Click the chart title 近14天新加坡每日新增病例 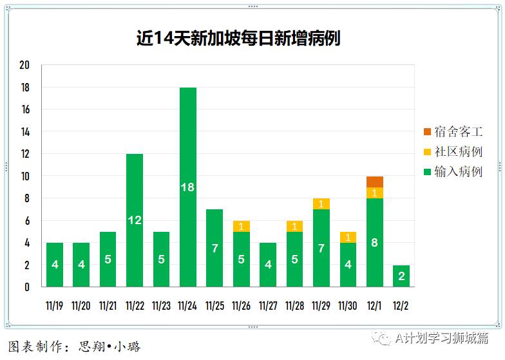[x=238, y=39]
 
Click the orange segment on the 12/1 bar [x=375, y=182]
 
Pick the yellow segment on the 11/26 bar [x=242, y=226]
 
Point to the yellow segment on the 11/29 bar [x=321, y=204]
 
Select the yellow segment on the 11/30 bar [x=348, y=237]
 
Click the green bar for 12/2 [x=401, y=276]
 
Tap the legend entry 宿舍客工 [x=453, y=132]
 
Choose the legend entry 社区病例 [x=453, y=152]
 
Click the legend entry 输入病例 [x=453, y=171]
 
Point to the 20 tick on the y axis [x=25, y=66]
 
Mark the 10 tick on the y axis [x=25, y=176]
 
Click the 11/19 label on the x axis [x=55, y=306]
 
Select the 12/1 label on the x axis [x=375, y=306]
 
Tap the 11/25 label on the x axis [x=215, y=306]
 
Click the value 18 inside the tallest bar [x=188, y=187]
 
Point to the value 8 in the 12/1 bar [x=375, y=243]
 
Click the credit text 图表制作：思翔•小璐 [x=74, y=346]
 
